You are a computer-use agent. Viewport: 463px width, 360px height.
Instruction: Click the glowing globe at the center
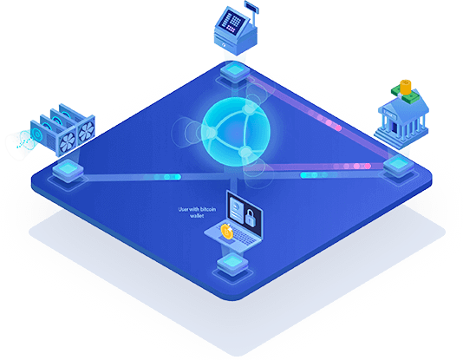tap(236, 132)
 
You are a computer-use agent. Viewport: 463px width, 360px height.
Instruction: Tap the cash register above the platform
tap(236, 29)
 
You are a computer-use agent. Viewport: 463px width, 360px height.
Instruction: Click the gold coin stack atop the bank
tap(406, 87)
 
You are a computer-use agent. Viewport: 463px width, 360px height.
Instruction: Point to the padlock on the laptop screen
tap(250, 218)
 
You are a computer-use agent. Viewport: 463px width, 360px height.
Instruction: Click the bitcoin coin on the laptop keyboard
tap(227, 232)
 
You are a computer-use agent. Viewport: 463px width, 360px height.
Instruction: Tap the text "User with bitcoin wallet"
tap(197, 213)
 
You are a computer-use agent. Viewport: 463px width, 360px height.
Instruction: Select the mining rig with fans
tap(62, 129)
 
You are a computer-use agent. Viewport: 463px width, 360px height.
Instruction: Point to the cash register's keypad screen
tap(232, 22)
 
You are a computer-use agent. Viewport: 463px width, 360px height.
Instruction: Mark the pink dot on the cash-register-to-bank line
tap(338, 128)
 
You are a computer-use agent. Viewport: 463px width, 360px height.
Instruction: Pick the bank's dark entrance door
tap(394, 127)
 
